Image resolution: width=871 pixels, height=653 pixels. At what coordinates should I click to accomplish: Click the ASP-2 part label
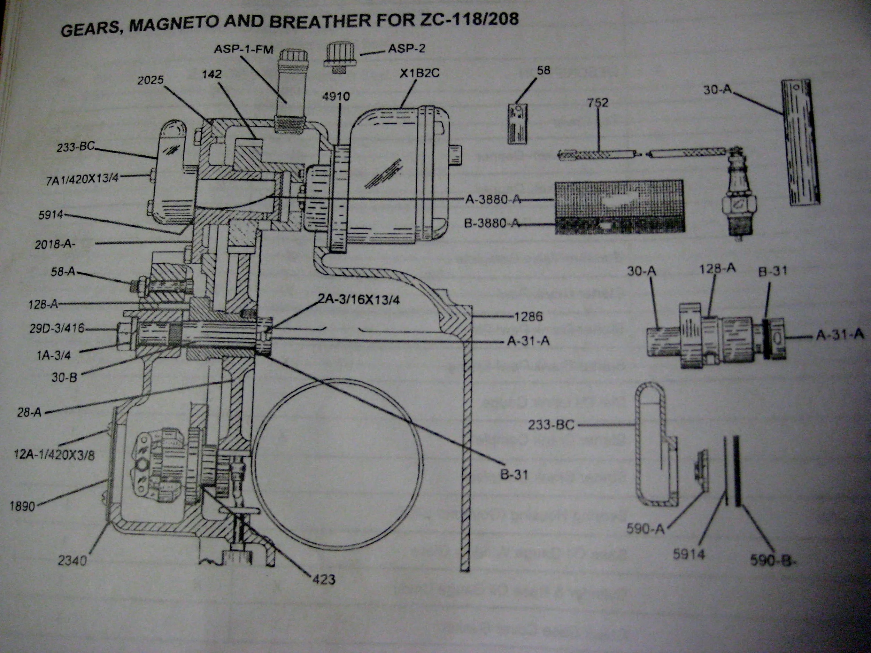click(x=406, y=49)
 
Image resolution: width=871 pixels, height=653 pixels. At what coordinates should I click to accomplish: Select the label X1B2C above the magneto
click(x=419, y=74)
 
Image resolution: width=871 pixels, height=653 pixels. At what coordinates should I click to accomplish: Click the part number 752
click(x=598, y=103)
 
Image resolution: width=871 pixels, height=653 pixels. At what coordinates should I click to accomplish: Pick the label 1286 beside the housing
click(x=528, y=316)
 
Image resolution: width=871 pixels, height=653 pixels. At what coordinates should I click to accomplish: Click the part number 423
click(x=323, y=579)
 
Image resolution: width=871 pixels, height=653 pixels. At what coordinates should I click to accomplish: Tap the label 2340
click(x=72, y=560)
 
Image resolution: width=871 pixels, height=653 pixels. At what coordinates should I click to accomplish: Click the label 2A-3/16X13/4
click(x=358, y=300)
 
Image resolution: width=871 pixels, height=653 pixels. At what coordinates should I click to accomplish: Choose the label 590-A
click(x=645, y=529)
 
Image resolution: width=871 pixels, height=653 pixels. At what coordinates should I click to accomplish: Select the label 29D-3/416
click(x=57, y=328)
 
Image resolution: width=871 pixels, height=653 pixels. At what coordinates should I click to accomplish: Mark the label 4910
click(x=336, y=96)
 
